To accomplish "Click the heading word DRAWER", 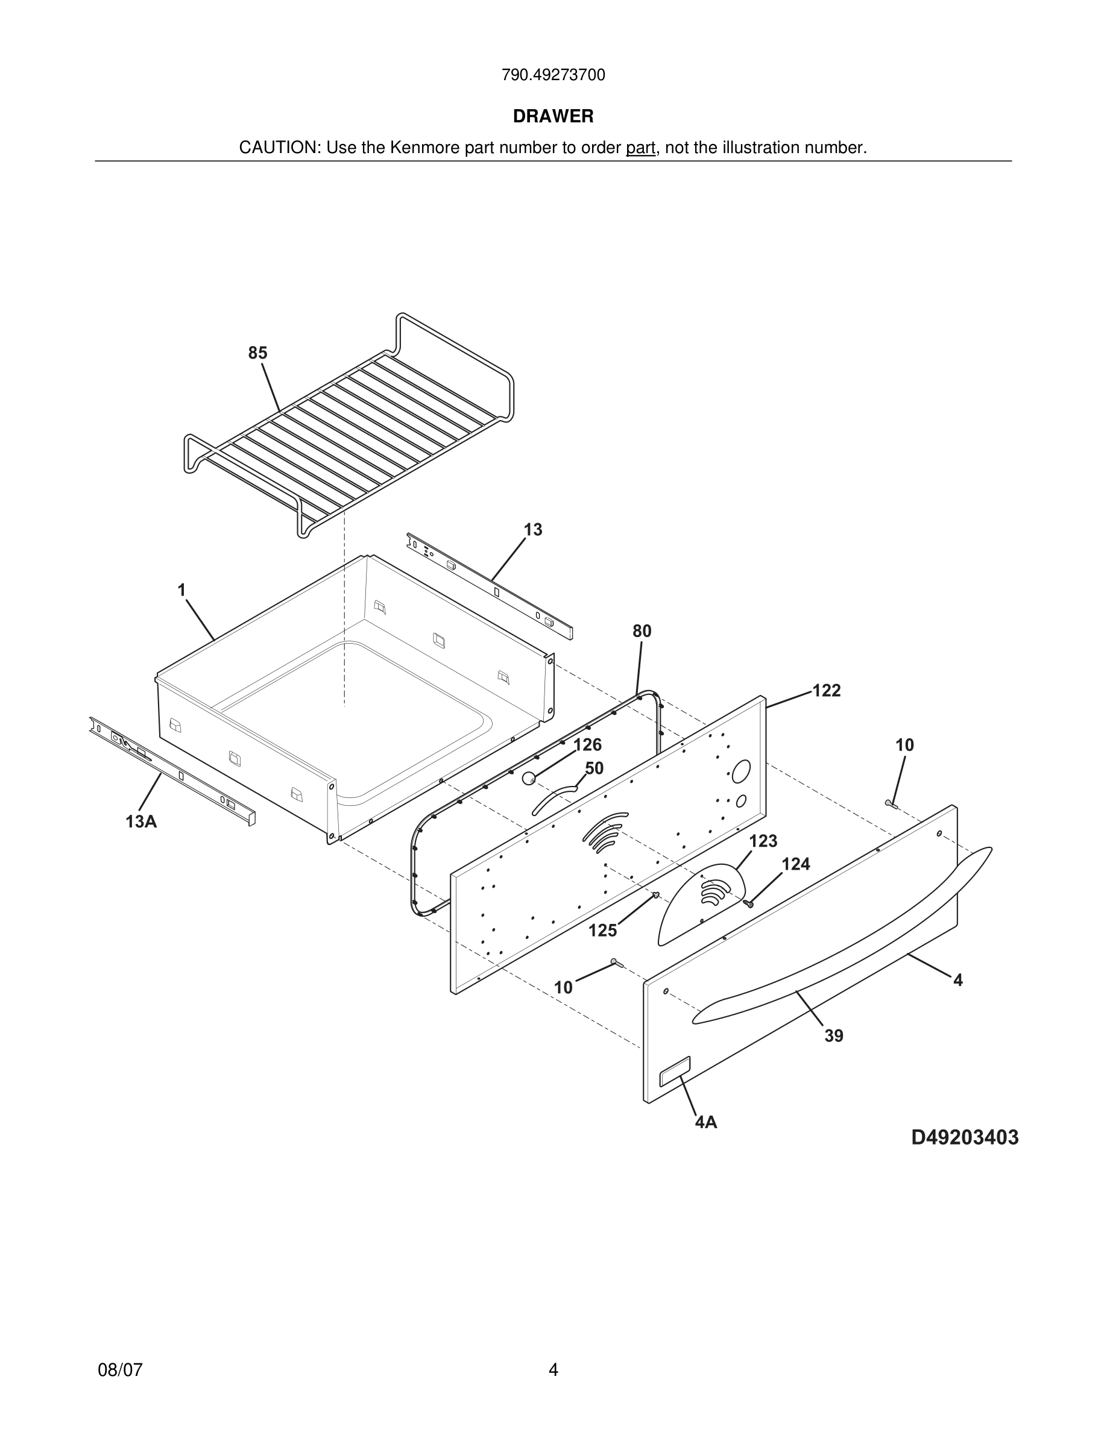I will pos(553,116).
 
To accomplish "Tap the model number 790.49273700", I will pos(553,75).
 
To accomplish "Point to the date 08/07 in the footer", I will pos(120,1370).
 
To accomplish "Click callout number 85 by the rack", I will pos(257,353).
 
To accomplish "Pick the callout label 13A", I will pos(141,821).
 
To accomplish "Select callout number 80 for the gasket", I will pos(642,631).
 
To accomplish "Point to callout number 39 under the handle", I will pos(833,1036).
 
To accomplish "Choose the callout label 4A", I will pos(705,1123).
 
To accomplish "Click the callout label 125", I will pos(602,931).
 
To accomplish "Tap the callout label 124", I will pos(795,864).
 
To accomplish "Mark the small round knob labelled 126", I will pos(529,778).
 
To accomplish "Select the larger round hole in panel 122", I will pos(741,771).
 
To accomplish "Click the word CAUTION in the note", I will pos(278,148).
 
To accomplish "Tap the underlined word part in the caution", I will pos(640,148).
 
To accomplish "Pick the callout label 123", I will pos(763,841).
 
